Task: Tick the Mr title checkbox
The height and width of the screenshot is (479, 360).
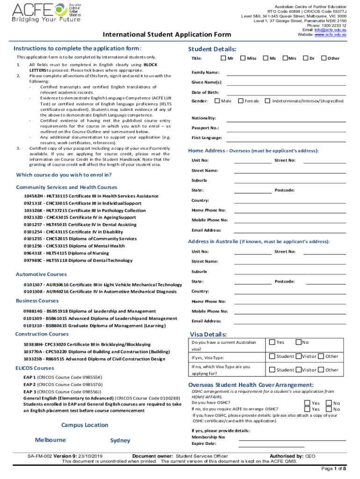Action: (223, 58)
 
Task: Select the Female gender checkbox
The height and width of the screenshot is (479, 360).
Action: (241, 101)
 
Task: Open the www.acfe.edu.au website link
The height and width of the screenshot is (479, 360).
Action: (331, 35)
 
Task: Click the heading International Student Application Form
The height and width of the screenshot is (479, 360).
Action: (167, 35)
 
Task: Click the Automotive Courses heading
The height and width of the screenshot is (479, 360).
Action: (41, 274)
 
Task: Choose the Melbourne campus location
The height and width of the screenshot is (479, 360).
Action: (50, 440)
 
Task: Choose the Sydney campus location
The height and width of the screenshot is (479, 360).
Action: (120, 440)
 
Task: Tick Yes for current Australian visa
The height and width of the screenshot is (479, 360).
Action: (272, 342)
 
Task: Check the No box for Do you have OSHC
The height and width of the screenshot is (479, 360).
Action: (329, 403)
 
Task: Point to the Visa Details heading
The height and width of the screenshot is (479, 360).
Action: (208, 334)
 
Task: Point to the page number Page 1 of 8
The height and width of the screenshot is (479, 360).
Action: (333, 469)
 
